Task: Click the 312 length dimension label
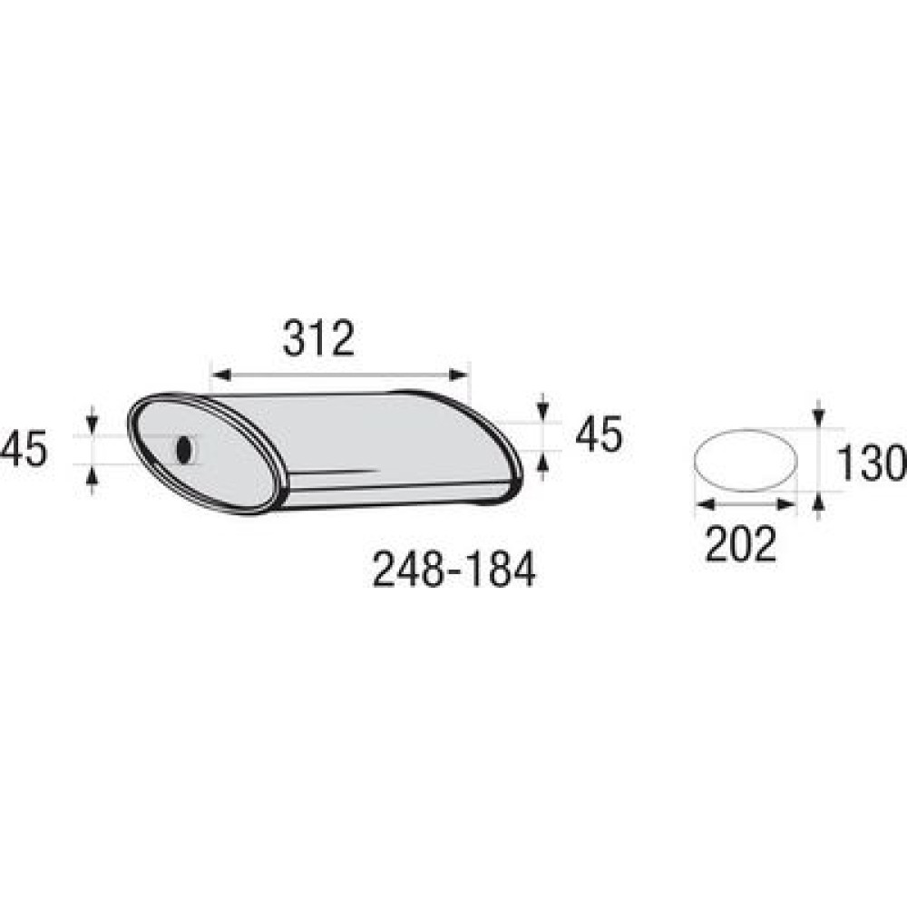click(318, 338)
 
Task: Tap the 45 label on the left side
click(24, 450)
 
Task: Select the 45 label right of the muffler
click(599, 434)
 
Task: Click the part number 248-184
click(454, 570)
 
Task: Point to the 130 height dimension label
click(872, 463)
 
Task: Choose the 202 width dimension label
click(740, 544)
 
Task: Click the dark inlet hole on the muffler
click(184, 450)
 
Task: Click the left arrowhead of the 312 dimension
click(221, 375)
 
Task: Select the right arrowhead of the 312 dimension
click(458, 375)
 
